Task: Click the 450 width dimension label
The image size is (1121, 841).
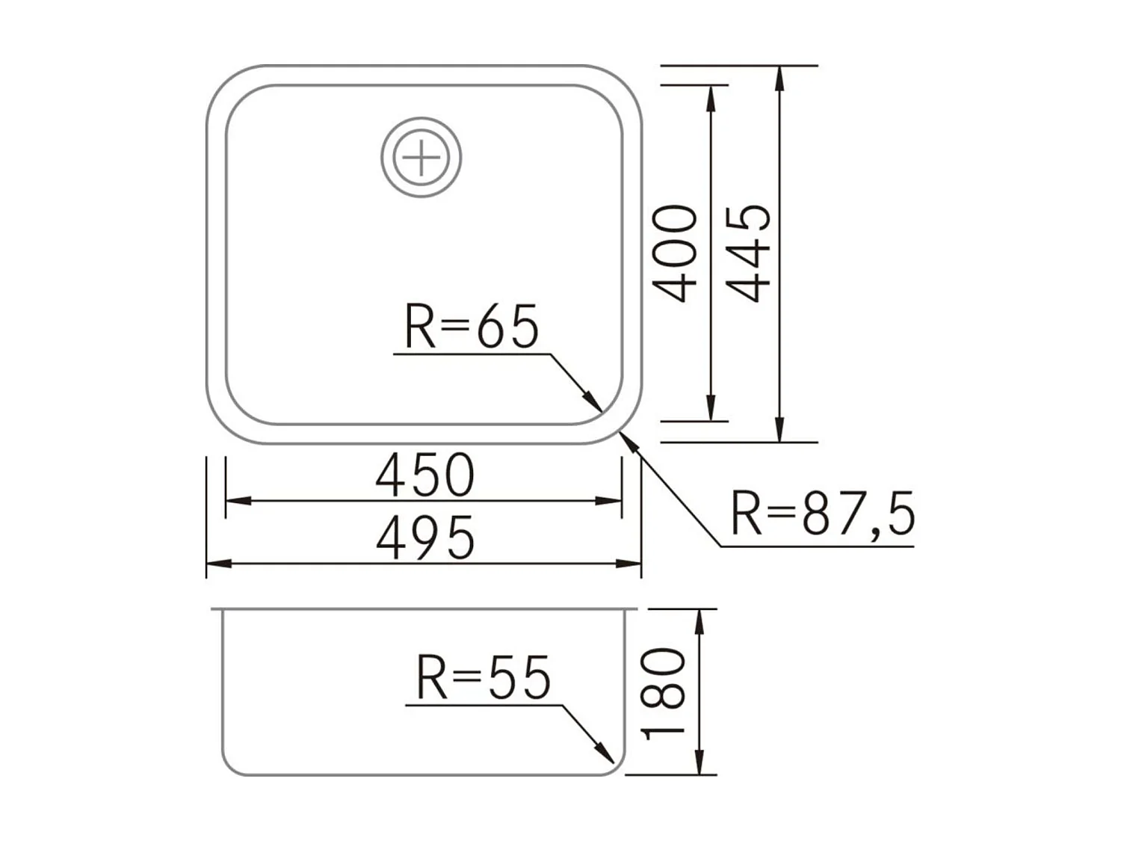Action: pos(424,475)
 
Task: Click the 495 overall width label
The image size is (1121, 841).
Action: pos(424,538)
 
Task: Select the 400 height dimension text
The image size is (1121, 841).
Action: pos(676,253)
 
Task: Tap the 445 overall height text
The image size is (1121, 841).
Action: pos(749,253)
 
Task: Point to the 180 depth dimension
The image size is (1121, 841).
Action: pos(664,692)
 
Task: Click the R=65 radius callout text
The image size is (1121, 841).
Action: pos(471,327)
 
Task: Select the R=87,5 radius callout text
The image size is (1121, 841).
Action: pos(822,514)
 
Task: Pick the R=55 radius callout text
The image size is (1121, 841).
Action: pos(483,678)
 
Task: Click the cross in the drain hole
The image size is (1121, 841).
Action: pos(421,158)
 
